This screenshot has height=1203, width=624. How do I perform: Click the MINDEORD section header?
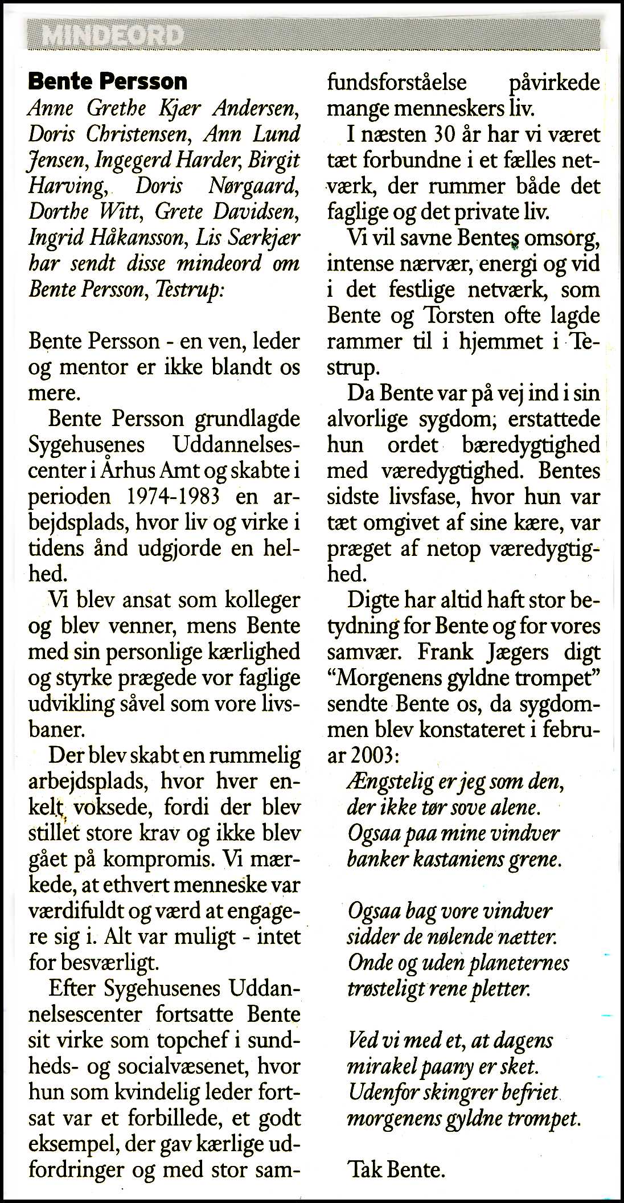click(x=112, y=36)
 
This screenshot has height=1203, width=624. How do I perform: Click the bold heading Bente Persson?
click(x=108, y=82)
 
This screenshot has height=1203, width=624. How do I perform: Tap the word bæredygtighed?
click(x=531, y=445)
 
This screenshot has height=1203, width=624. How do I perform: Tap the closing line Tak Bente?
click(x=396, y=1169)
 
